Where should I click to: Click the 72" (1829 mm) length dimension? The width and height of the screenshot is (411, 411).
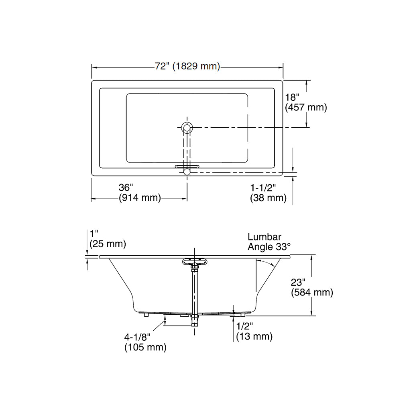pos(187,66)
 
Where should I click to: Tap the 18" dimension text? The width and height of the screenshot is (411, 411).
pos(292,98)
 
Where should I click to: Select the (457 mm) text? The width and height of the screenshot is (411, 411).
pos(306,108)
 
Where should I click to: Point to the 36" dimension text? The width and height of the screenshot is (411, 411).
pos(126,187)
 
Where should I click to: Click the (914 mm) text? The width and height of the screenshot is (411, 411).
pos(140,197)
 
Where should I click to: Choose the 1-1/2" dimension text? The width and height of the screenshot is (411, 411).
pos(263,188)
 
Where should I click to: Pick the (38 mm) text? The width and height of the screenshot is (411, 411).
pos(268,197)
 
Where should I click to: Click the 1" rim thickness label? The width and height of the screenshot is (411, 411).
pos(94,234)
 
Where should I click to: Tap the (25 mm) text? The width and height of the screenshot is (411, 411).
pos(108,244)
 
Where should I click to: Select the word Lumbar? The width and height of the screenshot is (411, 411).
pos(265,237)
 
